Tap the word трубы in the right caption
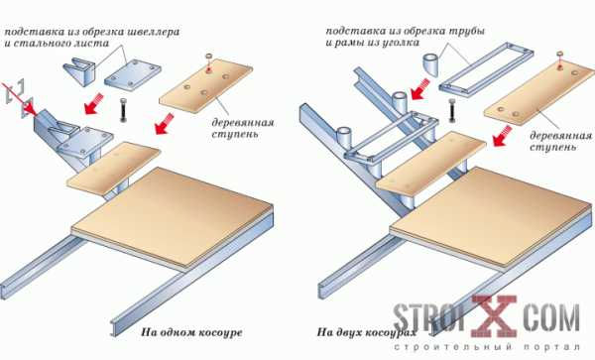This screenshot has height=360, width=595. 467,31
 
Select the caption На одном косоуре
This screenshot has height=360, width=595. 191,332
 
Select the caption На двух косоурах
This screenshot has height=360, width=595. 367,332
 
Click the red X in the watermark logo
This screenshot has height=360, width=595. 494,316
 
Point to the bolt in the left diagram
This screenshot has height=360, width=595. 123,110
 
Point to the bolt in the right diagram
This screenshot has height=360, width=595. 451,110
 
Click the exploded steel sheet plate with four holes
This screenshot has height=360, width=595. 133,75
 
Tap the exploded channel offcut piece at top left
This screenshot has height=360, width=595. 79,70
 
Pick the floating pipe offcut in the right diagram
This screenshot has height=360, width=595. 430,64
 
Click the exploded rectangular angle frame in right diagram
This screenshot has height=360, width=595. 486,68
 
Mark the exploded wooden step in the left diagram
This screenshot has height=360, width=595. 205,87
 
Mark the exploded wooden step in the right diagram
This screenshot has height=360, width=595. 539,93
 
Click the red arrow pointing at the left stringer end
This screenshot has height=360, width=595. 20,99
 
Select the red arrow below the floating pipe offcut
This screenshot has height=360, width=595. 418,89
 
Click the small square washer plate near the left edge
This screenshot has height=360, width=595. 28,108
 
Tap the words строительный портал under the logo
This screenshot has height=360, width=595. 487,347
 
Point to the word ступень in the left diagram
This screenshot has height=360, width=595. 235,134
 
